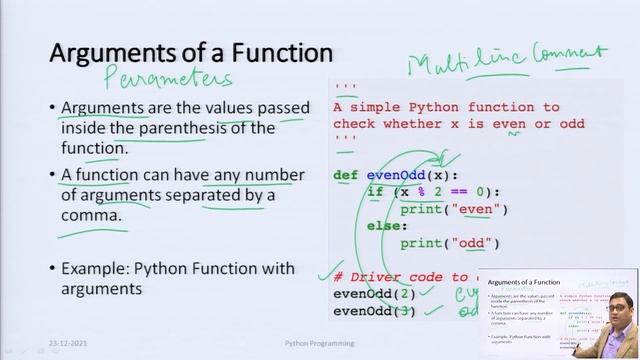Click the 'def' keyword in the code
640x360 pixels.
[345, 175]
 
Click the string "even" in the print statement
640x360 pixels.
[481, 209]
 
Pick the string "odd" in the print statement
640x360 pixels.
[475, 243]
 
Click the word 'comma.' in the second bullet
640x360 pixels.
[91, 214]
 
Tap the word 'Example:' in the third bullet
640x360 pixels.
[94, 268]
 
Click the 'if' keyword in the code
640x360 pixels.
[375, 192]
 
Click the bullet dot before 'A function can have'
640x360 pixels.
[52, 175]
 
